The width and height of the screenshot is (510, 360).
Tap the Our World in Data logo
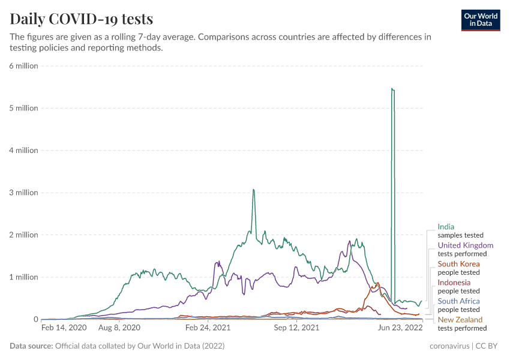tap(480, 20)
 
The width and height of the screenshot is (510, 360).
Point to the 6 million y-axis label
tap(23, 66)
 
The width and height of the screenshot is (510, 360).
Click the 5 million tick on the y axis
tap(23, 108)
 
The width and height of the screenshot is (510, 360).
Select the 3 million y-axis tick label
tap(23, 193)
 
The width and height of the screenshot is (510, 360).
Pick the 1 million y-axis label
tap(23, 277)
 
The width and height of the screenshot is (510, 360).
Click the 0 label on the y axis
tap(35, 319)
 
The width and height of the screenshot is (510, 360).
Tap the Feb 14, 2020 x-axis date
tap(64, 328)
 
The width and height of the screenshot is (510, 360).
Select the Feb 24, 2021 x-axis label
tap(207, 328)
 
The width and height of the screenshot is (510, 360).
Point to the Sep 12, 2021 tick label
tap(296, 328)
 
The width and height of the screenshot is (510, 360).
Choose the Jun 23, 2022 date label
tap(399, 328)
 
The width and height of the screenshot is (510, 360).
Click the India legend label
tap(446, 227)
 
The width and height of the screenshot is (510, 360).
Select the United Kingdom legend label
tap(466, 245)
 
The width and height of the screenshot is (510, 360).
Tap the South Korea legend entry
tap(458, 264)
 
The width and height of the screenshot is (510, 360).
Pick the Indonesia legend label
tap(454, 283)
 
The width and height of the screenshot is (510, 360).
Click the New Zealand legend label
tap(460, 320)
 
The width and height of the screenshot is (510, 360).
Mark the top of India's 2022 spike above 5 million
tap(392, 89)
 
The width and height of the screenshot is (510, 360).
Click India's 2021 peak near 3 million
tap(253, 190)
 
